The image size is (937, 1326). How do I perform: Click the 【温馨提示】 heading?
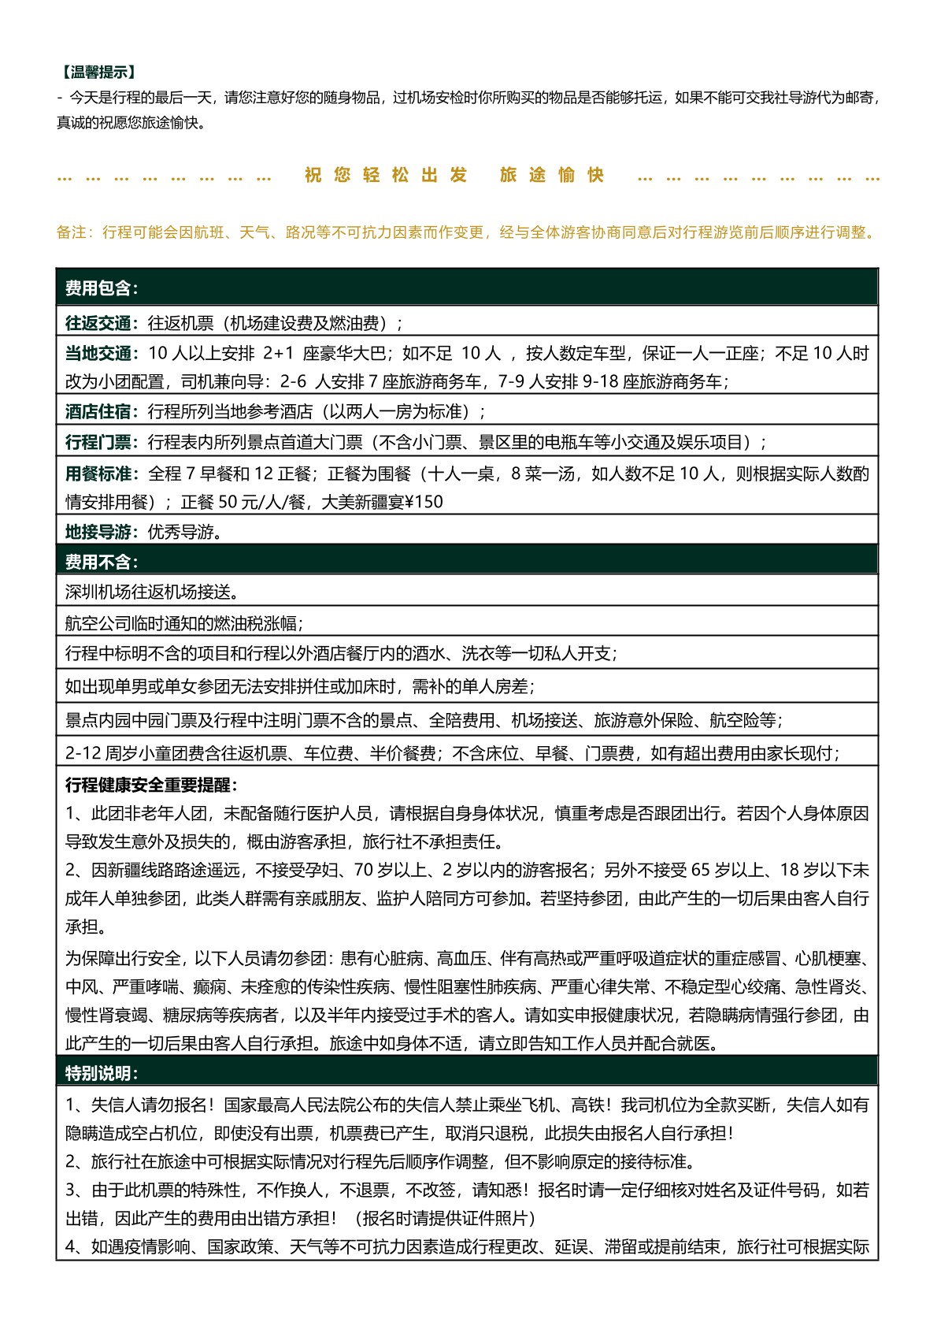click(98, 72)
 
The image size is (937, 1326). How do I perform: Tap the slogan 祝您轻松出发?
click(386, 175)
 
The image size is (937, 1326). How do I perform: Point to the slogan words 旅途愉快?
click(552, 175)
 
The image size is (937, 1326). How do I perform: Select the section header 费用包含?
click(101, 288)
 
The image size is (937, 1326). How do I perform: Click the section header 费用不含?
click(101, 562)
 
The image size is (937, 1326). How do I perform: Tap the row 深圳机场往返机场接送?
click(152, 592)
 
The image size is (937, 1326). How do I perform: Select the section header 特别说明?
click(101, 1073)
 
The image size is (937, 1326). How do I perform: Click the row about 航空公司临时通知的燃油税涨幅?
click(183, 623)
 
